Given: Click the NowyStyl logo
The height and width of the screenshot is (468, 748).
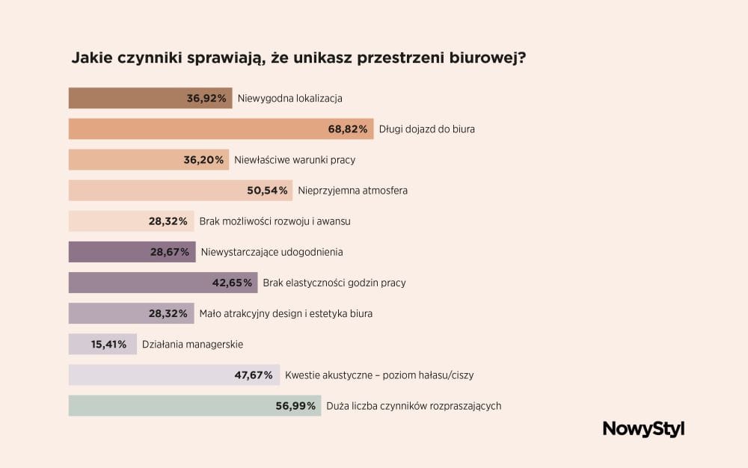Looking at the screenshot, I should pos(643,429).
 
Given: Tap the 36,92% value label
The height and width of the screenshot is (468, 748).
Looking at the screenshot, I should pos(206,98).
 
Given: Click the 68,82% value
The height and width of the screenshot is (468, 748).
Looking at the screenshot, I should pos(347,129).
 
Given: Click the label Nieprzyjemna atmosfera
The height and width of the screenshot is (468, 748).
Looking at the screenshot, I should pos(352,191).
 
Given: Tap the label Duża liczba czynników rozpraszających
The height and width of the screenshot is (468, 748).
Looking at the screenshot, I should pos(414,406).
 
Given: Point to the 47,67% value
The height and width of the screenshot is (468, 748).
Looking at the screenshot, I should pos(254,375).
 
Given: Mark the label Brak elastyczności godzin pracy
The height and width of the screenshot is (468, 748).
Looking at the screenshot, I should pos(334,283).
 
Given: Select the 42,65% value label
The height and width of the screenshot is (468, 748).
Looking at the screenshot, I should pos(232,283).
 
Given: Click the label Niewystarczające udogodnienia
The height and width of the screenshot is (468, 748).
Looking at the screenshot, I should pos(272,252).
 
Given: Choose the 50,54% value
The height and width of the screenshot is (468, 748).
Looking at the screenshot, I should pos(267,191).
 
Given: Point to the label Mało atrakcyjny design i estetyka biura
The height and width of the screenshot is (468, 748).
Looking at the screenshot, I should pos(286,313).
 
